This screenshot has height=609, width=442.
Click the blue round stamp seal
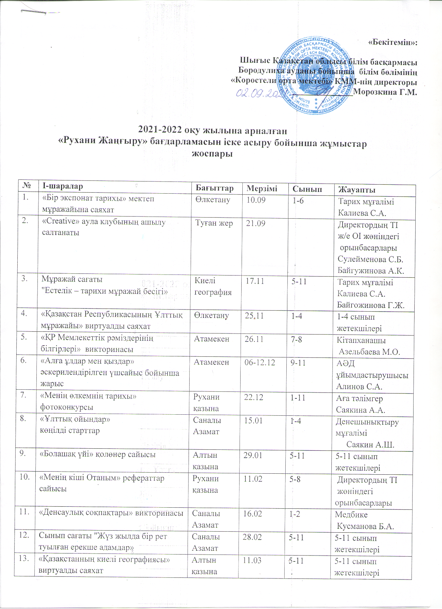click(x=315, y=76)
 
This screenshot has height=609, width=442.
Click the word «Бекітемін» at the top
click(x=392, y=42)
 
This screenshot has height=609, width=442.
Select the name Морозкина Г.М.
click(x=385, y=92)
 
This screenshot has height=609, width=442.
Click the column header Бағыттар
click(x=215, y=188)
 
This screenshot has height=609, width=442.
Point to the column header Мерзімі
click(x=262, y=188)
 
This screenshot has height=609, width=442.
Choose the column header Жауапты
click(x=357, y=189)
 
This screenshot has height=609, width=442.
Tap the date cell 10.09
click(x=256, y=200)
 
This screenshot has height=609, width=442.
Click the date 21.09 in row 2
click(x=255, y=223)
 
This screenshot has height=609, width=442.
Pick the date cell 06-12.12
click(x=260, y=362)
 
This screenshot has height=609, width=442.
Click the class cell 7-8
click(x=296, y=339)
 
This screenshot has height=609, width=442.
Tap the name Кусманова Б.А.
click(x=365, y=526)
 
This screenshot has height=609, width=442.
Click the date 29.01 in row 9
click(x=253, y=455)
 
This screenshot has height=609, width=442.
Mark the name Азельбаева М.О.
click(x=370, y=352)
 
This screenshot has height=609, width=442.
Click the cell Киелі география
click(x=213, y=286)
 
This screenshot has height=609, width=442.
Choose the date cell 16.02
click(x=252, y=514)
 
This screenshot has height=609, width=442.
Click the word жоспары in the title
click(x=212, y=153)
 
